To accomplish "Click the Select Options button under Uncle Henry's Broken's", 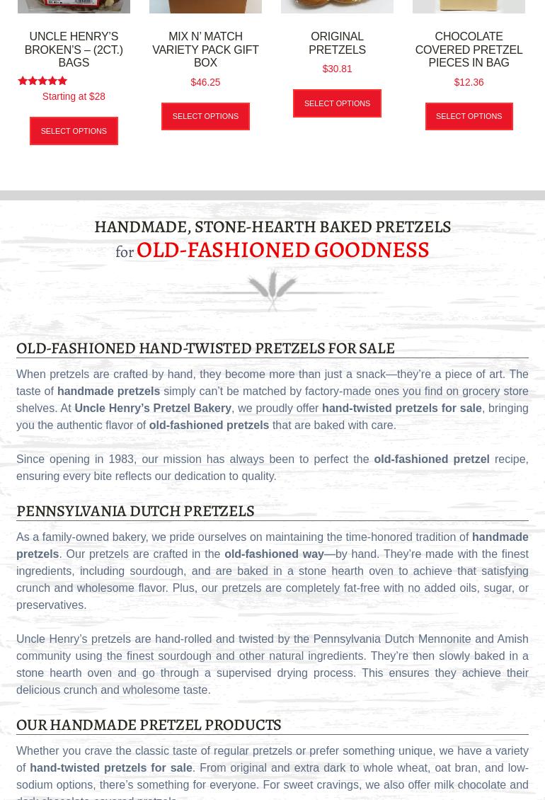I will (x=74, y=131).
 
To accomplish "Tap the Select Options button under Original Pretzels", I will (x=337, y=103).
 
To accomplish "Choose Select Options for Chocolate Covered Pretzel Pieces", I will (x=469, y=116).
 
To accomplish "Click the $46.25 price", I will (x=205, y=82).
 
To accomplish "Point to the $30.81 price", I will (x=337, y=69).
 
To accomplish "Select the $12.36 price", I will (x=469, y=82).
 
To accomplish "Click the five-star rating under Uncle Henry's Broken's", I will (x=42, y=81).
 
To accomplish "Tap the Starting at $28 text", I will (x=74, y=96).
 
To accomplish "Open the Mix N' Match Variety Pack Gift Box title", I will (x=205, y=50).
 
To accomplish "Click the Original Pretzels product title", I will (x=337, y=43).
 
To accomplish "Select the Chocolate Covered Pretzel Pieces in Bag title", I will (x=469, y=50).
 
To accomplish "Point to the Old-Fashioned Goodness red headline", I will (x=282, y=249).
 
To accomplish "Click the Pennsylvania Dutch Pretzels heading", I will (x=135, y=510).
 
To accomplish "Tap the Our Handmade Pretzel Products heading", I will (x=149, y=724).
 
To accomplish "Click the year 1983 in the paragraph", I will (x=121, y=459).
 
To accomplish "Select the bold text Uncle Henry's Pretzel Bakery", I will (x=153, y=408).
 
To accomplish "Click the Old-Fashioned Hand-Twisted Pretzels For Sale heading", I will (x=205, y=348).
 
